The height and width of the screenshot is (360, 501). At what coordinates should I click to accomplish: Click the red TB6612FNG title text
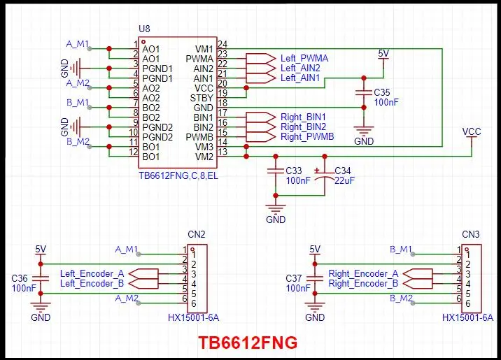[x=247, y=343]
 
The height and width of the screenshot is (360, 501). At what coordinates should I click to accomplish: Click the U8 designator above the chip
[x=145, y=29]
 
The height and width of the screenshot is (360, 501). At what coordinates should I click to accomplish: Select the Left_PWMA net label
[x=304, y=58]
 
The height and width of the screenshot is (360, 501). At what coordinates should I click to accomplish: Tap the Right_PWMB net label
[x=307, y=137]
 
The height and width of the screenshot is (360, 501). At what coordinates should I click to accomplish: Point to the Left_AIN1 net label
[x=300, y=78]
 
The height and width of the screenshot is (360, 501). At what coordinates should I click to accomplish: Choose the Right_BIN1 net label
[x=303, y=117]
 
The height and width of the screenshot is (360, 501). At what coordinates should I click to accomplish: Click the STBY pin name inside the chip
[x=202, y=99]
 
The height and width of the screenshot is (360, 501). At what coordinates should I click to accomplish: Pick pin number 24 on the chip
[x=223, y=44]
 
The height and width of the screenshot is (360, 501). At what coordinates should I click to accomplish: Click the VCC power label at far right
[x=472, y=131]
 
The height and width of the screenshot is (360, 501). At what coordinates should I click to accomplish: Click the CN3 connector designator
[x=470, y=234]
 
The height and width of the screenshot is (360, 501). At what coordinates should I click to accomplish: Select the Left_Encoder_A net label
[x=92, y=273]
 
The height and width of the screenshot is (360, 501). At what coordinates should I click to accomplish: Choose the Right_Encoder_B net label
[x=363, y=284]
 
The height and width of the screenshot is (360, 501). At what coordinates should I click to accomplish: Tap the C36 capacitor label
[x=20, y=278]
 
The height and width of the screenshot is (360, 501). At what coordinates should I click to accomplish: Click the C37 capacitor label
[x=294, y=278]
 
